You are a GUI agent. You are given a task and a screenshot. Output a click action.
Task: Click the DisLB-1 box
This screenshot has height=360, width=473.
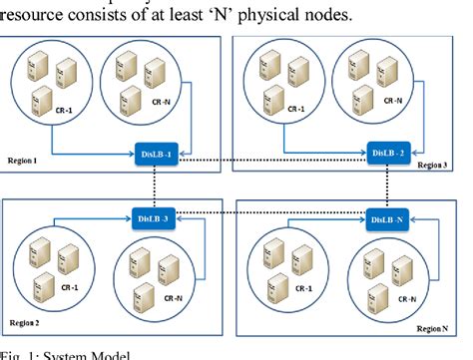point(157,154)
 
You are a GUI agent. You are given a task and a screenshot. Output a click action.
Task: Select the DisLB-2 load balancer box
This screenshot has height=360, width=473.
point(388,153)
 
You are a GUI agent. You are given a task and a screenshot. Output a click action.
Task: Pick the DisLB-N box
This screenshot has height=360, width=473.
point(387,218)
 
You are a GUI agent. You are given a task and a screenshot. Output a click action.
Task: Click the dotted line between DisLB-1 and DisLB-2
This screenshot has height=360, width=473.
point(272,154)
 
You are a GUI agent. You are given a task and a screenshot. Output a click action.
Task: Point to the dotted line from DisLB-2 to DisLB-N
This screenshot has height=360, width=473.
point(386,185)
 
